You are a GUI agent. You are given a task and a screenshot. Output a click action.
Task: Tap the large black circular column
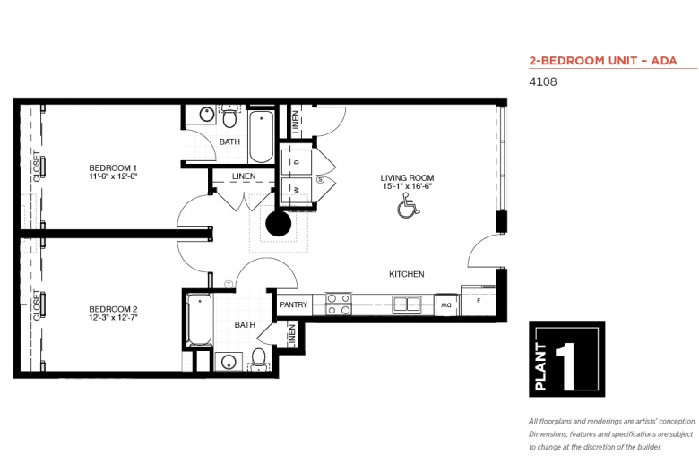[x=278, y=223]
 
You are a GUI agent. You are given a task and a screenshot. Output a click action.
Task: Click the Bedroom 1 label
[x=113, y=172]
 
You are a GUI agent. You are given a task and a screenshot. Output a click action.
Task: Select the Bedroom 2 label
[x=113, y=313]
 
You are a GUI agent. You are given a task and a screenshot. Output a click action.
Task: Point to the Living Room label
[x=407, y=182]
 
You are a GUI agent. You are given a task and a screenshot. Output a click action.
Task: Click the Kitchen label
[x=407, y=274]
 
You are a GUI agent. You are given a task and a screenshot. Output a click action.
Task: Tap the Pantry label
[x=293, y=304]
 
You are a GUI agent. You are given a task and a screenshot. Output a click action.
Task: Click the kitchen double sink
[x=407, y=304]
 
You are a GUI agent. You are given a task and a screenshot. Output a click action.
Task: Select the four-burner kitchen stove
[x=339, y=304]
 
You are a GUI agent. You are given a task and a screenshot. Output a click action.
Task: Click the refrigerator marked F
[x=478, y=300]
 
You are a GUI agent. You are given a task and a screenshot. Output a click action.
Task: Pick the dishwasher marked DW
[x=446, y=304]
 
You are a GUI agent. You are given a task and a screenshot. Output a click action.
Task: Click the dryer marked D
[x=296, y=162]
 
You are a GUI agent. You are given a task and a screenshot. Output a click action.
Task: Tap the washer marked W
[x=296, y=190]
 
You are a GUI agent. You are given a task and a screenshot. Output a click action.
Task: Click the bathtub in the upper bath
[x=261, y=136]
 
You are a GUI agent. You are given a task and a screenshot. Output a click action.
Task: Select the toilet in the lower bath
[x=259, y=359]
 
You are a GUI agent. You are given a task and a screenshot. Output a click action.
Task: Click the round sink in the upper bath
[x=207, y=115]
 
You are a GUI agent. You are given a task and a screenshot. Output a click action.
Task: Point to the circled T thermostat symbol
[x=229, y=284]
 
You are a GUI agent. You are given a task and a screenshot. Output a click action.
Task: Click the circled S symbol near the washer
[x=320, y=180]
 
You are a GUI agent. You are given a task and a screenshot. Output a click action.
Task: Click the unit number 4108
[x=543, y=82]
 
